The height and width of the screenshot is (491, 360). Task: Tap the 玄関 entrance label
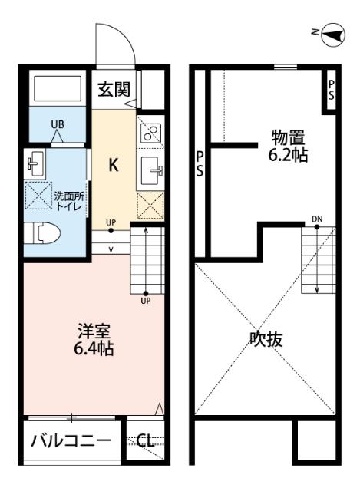[x=113, y=89]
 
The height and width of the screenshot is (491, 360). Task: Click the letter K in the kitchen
[x=112, y=166]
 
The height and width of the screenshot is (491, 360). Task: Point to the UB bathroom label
[x=58, y=124]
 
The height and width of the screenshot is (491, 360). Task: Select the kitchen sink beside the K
[x=149, y=170]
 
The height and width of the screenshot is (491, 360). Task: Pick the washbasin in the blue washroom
[x=35, y=163]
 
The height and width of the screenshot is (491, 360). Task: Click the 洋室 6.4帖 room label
[x=94, y=341]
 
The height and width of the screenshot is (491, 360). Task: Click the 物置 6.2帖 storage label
[x=289, y=147]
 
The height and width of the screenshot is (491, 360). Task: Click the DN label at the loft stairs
[x=317, y=221]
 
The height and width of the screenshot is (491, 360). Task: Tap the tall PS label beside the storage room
[x=200, y=164]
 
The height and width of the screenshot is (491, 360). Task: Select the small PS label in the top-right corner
[x=331, y=90]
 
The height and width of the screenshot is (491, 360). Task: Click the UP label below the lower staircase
[x=145, y=301]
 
